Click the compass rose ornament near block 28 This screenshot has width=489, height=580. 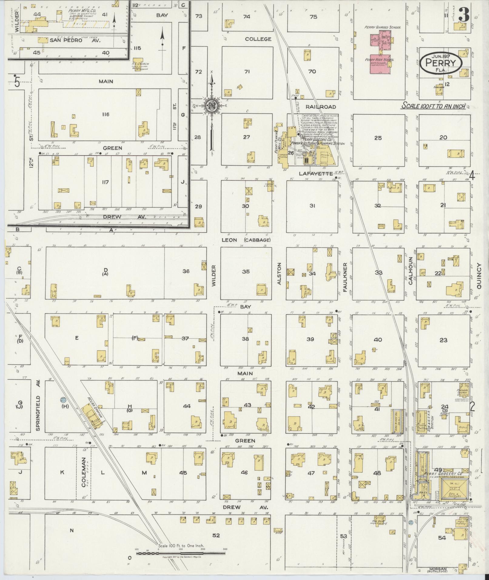[211, 106]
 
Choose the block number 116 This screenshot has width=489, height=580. [106, 115]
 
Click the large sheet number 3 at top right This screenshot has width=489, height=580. [464, 15]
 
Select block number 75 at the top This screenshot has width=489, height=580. [313, 17]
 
